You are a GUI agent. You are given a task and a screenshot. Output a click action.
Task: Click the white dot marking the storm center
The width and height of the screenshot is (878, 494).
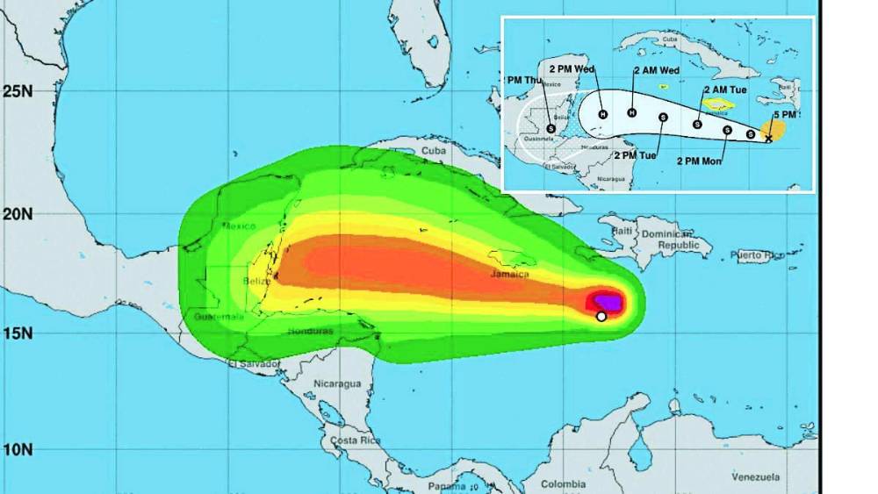tap(601, 317)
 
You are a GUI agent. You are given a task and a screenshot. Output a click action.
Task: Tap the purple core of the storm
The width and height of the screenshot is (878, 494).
tap(609, 303)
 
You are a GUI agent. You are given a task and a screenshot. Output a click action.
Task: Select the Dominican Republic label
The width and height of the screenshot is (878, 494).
tap(676, 240)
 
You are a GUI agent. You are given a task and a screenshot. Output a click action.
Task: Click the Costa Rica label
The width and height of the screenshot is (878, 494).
tap(355, 439)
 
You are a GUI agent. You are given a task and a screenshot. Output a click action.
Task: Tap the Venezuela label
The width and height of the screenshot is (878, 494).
tap(756, 476)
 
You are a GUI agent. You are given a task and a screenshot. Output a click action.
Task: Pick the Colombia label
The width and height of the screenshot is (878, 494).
tap(563, 483)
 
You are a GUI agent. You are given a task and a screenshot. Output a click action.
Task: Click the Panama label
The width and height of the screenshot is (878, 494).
tap(447, 486)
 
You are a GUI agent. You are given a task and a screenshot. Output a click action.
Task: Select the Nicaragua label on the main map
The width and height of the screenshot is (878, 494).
tap(338, 384)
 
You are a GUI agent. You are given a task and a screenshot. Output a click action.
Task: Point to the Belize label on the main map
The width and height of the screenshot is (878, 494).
tap(256, 281)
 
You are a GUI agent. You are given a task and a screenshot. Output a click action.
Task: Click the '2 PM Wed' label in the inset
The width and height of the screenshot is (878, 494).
tap(572, 68)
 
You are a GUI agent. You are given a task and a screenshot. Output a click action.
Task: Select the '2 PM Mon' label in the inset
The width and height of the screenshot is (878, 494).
tap(702, 161)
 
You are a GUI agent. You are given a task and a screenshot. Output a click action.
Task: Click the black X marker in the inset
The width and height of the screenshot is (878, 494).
tap(768, 139)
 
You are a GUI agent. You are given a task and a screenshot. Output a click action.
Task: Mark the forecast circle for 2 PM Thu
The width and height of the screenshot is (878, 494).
tap(551, 128)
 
